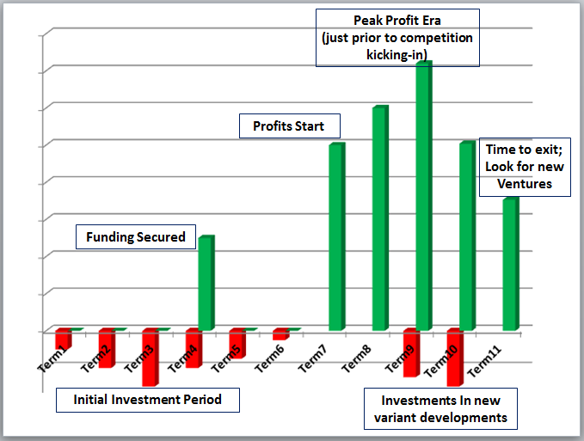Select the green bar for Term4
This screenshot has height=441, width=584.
click(x=206, y=283)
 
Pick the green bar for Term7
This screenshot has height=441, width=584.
click(x=336, y=236)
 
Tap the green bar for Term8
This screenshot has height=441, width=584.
click(x=379, y=218)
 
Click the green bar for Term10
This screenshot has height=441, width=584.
click(x=467, y=236)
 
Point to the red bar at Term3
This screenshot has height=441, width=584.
click(x=150, y=357)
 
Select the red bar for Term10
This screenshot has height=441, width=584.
click(x=455, y=357)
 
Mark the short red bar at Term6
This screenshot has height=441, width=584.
click(x=280, y=334)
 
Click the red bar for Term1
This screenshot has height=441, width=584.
click(x=62, y=339)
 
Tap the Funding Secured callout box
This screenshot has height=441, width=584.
click(x=136, y=237)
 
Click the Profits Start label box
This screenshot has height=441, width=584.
click(x=288, y=126)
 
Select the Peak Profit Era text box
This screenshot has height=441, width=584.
click(x=397, y=37)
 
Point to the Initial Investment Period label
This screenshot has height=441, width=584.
click(x=147, y=400)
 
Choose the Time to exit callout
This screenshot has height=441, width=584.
click(x=525, y=167)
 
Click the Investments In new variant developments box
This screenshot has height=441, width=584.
click(x=438, y=409)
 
